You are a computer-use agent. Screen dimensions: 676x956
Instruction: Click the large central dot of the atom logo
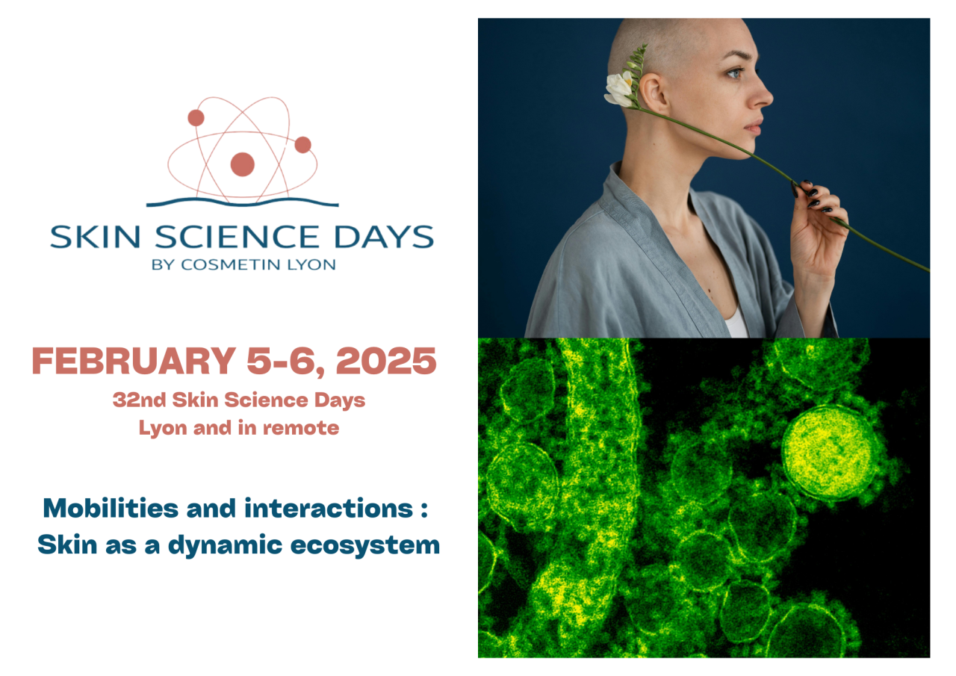click(242, 164)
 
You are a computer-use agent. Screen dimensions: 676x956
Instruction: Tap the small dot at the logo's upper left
click(196, 118)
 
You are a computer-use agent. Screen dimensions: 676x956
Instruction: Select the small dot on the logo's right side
click(302, 145)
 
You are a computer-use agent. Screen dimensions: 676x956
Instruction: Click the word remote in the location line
click(308, 429)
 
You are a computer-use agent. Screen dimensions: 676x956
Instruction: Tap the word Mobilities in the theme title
click(111, 509)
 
